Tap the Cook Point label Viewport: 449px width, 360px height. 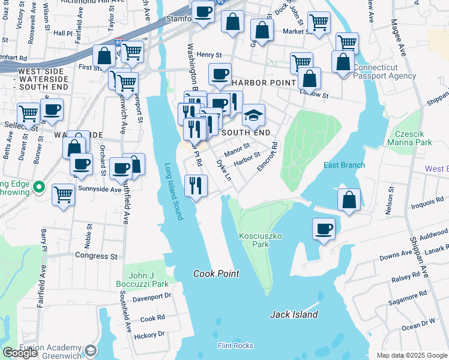pyautogui.click(x=216, y=274)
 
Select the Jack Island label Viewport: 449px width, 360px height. pyautogui.click(x=294, y=314)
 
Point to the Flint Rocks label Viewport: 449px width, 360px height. pyautogui.click(x=235, y=346)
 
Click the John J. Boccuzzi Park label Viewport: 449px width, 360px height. pyautogui.click(x=143, y=279)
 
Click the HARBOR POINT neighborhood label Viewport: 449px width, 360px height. pyautogui.click(x=263, y=82)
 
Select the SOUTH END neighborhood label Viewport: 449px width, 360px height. pyautogui.click(x=246, y=132)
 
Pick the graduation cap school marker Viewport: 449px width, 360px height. pyautogui.click(x=254, y=115)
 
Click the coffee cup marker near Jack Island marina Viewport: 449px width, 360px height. pyautogui.click(x=324, y=229)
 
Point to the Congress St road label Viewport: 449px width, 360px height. pyautogui.click(x=96, y=256)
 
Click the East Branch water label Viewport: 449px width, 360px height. pyautogui.click(x=344, y=165)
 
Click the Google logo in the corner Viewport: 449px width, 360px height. pyautogui.click(x=20, y=353)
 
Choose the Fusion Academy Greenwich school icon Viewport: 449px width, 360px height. pyautogui.click(x=90, y=350)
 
